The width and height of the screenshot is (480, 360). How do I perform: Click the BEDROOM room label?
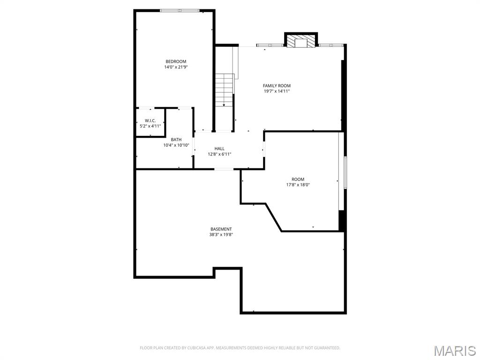[x=176, y=61]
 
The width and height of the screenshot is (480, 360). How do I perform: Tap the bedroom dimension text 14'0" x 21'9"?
[x=176, y=67]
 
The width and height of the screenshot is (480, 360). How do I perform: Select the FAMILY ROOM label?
[x=277, y=86]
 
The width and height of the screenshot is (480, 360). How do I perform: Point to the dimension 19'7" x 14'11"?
[x=277, y=91]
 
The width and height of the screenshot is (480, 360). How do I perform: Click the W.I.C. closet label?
[x=150, y=120]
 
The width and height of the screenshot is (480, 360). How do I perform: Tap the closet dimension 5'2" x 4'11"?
[x=150, y=126]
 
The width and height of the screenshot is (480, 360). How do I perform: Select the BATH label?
[x=176, y=140]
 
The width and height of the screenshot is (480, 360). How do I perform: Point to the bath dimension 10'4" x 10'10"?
[x=176, y=145]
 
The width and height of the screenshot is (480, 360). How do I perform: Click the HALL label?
[x=219, y=149]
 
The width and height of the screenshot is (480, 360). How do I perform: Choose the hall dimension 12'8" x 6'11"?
[x=219, y=154]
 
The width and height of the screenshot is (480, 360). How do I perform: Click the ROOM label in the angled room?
[x=298, y=179]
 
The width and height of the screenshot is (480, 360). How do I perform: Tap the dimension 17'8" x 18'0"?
[x=298, y=185]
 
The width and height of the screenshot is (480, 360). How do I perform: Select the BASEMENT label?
[x=221, y=229]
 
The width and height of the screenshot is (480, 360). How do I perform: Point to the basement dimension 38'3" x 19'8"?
[x=221, y=235]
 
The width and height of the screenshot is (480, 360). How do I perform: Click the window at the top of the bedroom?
[x=180, y=10]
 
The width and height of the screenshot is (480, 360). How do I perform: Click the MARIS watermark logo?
[x=454, y=351]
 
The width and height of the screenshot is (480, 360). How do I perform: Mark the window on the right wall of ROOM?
[x=345, y=172]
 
